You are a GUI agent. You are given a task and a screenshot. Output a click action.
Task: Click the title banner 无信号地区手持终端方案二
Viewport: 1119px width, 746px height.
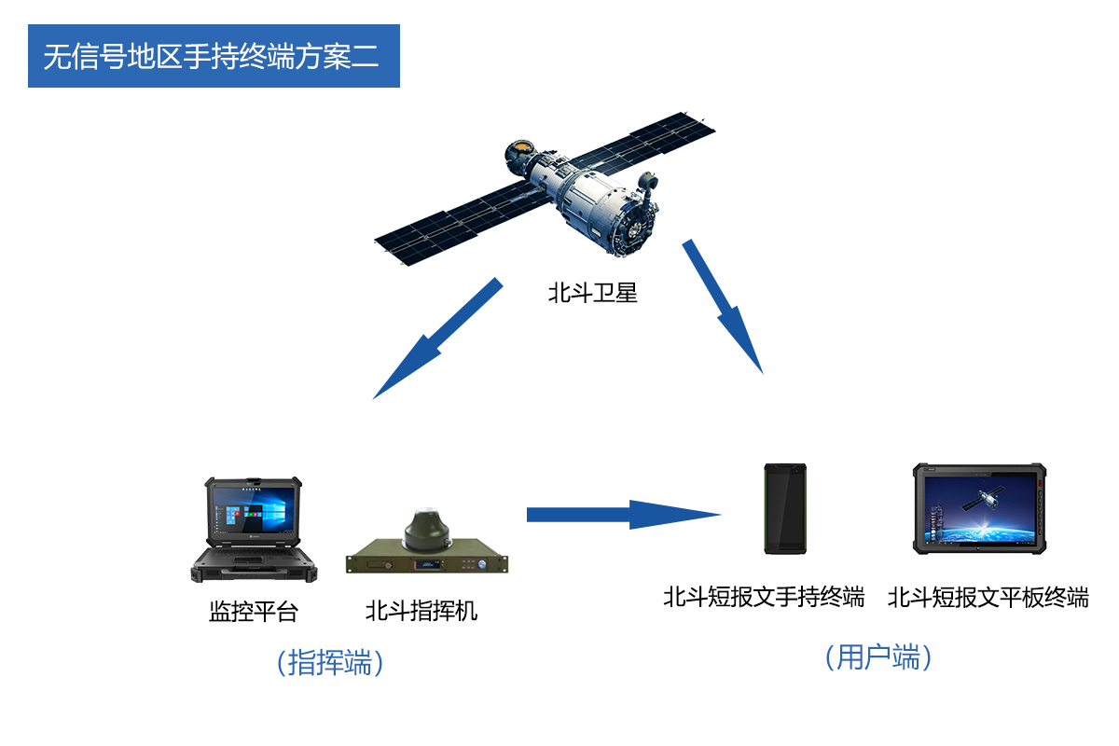click(x=214, y=56)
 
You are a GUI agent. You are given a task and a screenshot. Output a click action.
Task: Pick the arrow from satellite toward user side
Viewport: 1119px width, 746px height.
click(x=725, y=308)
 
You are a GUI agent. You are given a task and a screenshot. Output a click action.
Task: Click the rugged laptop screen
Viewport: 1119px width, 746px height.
click(x=253, y=514)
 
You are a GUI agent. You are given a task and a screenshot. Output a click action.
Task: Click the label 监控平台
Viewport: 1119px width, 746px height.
click(x=254, y=612)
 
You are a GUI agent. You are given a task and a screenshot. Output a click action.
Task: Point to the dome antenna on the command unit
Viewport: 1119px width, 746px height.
click(x=429, y=529)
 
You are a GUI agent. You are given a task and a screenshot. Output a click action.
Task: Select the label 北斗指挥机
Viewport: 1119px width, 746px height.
click(x=421, y=612)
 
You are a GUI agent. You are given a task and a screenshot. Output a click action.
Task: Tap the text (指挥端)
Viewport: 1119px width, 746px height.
click(x=331, y=663)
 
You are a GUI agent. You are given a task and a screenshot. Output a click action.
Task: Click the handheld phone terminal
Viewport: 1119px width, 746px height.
click(x=785, y=509)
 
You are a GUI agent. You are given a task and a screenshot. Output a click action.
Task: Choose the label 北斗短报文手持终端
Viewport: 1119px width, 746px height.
click(x=764, y=597)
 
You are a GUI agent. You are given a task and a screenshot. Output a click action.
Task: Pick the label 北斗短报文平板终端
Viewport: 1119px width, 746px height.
click(x=988, y=597)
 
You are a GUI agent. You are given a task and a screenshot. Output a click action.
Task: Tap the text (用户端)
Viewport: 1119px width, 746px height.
click(x=878, y=657)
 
